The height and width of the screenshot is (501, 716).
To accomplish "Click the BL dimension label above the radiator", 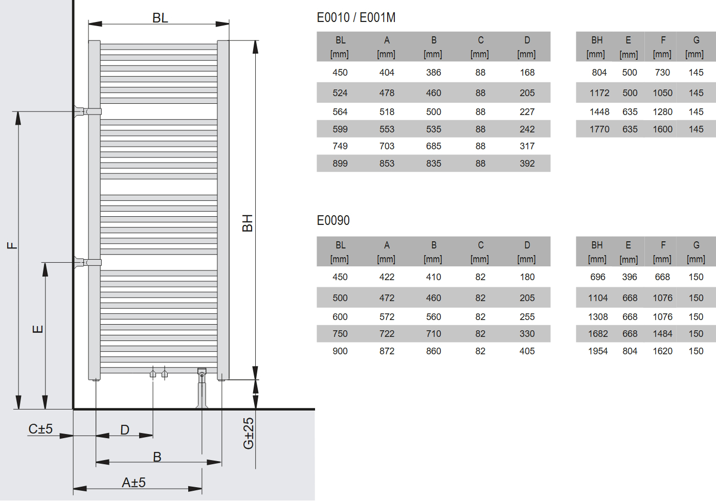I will pos(160,18).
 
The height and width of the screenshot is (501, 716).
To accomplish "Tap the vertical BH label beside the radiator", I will pos(248,223).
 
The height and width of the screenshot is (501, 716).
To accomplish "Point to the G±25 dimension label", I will pos(249,433).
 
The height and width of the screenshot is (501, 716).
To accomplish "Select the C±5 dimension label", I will pos(40,429).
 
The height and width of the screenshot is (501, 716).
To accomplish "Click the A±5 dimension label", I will pos(133,482).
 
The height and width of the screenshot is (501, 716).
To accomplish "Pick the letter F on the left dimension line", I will pos(12,245).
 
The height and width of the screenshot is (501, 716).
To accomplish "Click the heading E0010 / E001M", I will pos(356,17).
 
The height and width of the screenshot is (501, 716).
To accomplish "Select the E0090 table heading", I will pos(333,220).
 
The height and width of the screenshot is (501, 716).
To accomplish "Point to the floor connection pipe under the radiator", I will pos(202,391).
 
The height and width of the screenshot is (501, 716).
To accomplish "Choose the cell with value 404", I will pos(387,73).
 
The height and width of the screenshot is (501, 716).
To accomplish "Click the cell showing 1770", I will pos(599,129).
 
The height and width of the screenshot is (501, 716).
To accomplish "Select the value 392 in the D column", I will pos(527,164).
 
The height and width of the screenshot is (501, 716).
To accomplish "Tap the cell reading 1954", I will pos(598,351).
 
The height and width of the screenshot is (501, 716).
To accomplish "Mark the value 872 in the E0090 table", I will pos(387,351).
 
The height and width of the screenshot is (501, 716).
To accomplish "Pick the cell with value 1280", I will pos(662,112).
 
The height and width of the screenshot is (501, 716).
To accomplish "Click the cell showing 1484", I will pos(662,334).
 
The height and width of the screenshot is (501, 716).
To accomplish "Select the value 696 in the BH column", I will pos(598,277).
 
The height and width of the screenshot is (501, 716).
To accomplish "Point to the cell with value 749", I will pos(340,146).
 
